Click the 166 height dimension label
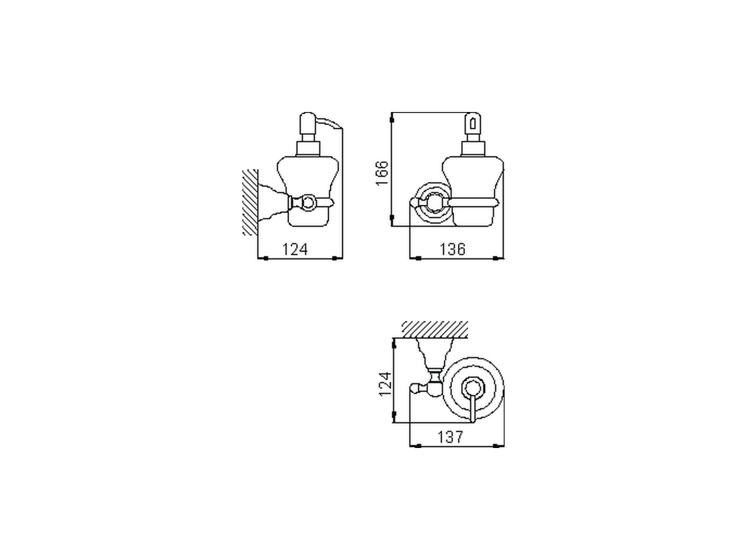[x=382, y=173]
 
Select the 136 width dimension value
[x=452, y=249]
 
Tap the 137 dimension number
[x=451, y=437]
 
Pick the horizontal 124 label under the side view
[x=295, y=249]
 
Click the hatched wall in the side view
[x=250, y=202]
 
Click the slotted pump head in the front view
[x=472, y=125]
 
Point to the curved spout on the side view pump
[x=330, y=122]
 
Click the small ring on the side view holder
[x=306, y=202]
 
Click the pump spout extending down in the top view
[x=472, y=408]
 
